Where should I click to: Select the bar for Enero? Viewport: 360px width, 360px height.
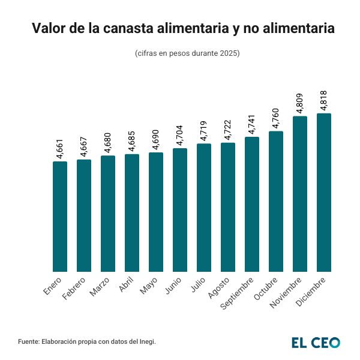(60, 217)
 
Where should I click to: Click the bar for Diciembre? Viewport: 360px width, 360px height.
(324, 193)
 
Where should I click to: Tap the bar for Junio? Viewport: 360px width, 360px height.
(180, 210)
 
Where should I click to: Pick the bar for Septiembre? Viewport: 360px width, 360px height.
(252, 204)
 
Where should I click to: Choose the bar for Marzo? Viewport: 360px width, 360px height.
(108, 214)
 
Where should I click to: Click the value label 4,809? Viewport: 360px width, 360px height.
(301, 103)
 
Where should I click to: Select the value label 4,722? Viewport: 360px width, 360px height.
(229, 130)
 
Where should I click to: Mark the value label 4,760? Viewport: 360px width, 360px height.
(277, 119)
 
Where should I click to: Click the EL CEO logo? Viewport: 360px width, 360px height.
(316, 342)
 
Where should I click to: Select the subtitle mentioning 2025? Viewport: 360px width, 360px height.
(188, 53)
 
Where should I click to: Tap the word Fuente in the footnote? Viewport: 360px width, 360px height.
(29, 341)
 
